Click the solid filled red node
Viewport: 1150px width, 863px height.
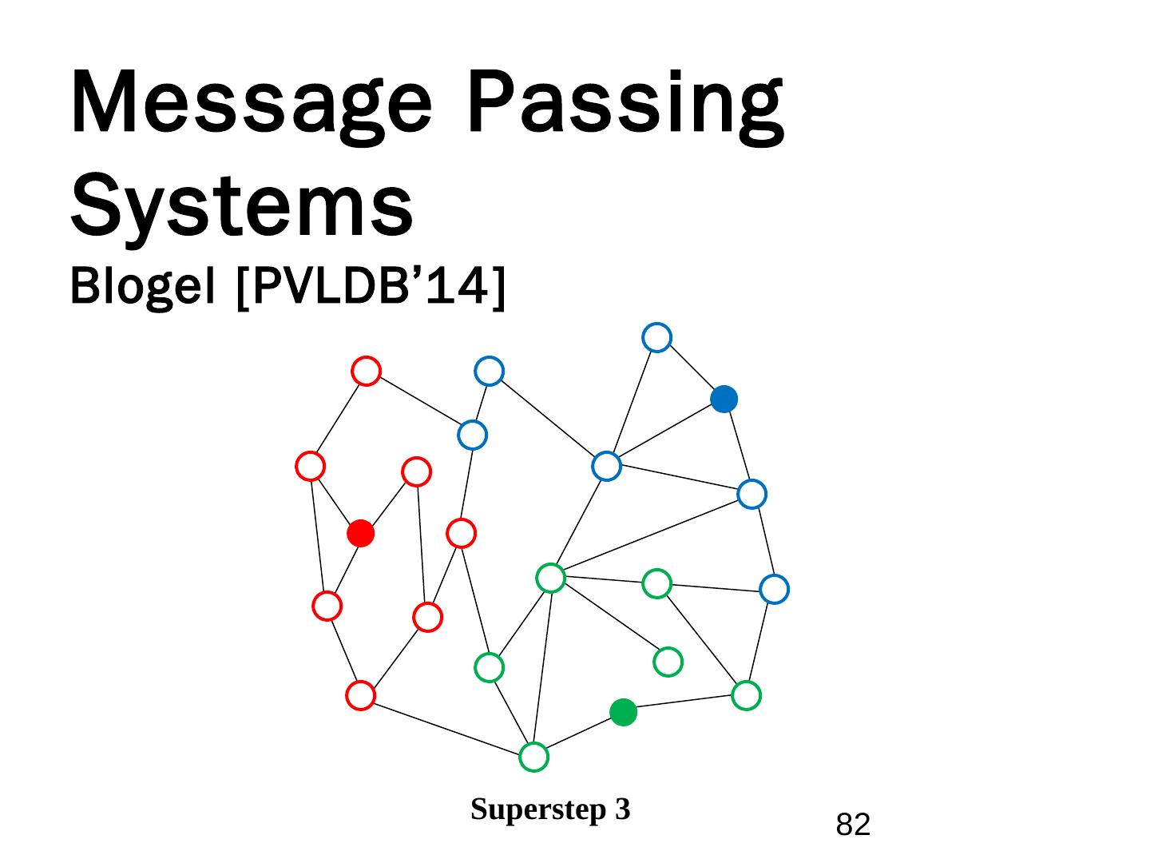click(x=361, y=533)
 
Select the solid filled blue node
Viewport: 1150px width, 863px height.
click(x=724, y=399)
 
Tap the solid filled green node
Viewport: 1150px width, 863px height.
click(x=623, y=712)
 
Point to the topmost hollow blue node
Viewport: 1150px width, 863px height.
click(x=656, y=337)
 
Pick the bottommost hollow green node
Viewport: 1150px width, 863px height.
click(x=533, y=757)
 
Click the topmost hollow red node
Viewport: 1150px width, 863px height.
click(x=366, y=371)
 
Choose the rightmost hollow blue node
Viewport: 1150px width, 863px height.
click(x=774, y=590)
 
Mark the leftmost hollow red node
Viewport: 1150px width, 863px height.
click(x=310, y=466)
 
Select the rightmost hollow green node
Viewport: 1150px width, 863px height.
click(x=746, y=695)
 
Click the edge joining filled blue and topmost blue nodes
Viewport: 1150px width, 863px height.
click(x=691, y=368)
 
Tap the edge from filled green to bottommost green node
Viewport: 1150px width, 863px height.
click(x=579, y=734)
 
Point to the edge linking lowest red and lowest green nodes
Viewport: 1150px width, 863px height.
click(x=447, y=726)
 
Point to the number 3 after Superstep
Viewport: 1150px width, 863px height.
click(x=623, y=809)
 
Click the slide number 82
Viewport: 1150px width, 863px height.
click(x=853, y=824)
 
